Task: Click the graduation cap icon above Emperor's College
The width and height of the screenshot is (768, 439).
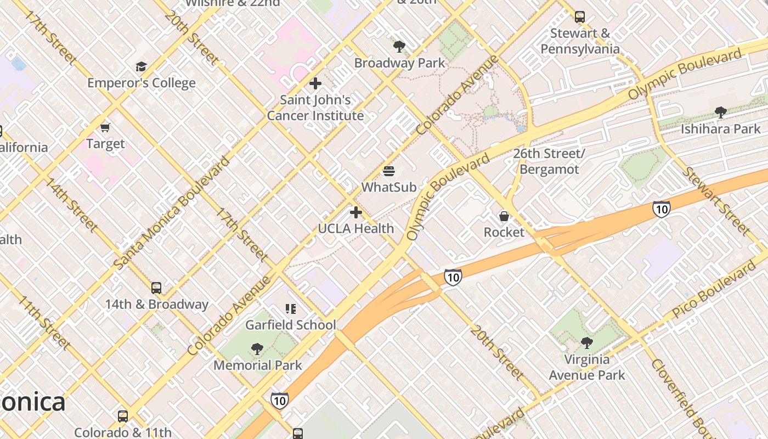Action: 141,67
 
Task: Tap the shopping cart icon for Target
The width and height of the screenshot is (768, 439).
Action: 105,127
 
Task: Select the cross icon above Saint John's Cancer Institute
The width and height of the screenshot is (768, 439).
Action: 315,83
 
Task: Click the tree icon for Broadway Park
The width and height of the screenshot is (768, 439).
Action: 399,47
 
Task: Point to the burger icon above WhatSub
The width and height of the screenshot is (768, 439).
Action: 389,171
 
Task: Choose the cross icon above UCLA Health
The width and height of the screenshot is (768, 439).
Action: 356,212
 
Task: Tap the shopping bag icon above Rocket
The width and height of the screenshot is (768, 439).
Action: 504,216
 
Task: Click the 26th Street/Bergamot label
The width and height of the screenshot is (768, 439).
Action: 549,161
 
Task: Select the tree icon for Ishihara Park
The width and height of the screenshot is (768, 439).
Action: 720,112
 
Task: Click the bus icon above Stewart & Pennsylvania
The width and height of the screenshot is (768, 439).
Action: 580,17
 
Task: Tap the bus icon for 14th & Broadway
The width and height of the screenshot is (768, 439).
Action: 156,288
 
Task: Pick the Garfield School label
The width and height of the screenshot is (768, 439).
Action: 290,325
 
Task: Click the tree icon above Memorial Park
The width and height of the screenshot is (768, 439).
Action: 257,349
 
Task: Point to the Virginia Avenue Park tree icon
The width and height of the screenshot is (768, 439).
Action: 586,343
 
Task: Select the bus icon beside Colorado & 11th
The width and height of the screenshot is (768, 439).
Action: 123,417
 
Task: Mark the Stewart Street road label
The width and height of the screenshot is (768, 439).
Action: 715,201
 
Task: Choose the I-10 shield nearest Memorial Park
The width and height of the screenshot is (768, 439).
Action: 279,401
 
